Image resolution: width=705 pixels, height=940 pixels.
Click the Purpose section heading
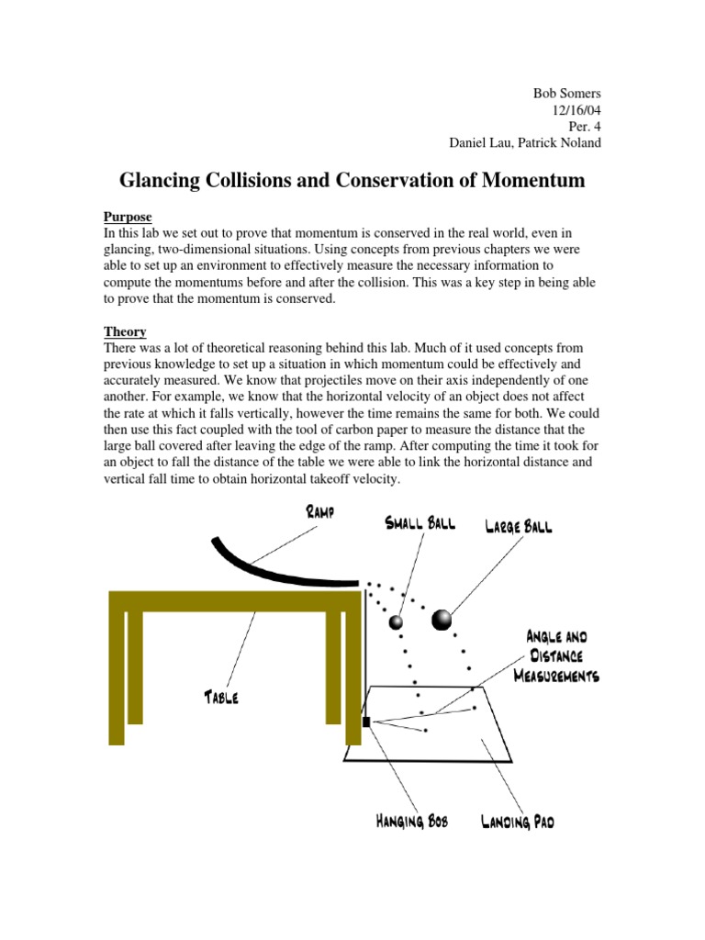[x=128, y=218]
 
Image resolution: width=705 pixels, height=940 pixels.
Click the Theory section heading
[x=125, y=331]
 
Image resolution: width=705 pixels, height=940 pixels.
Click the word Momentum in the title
[x=522, y=181]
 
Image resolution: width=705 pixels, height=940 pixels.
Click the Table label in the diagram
[x=220, y=698]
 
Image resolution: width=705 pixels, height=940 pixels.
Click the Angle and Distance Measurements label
[x=562, y=655]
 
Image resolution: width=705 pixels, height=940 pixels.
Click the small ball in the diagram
[x=397, y=623]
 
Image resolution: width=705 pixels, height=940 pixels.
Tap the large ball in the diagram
[x=442, y=621]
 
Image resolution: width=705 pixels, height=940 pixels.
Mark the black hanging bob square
[x=366, y=722]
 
